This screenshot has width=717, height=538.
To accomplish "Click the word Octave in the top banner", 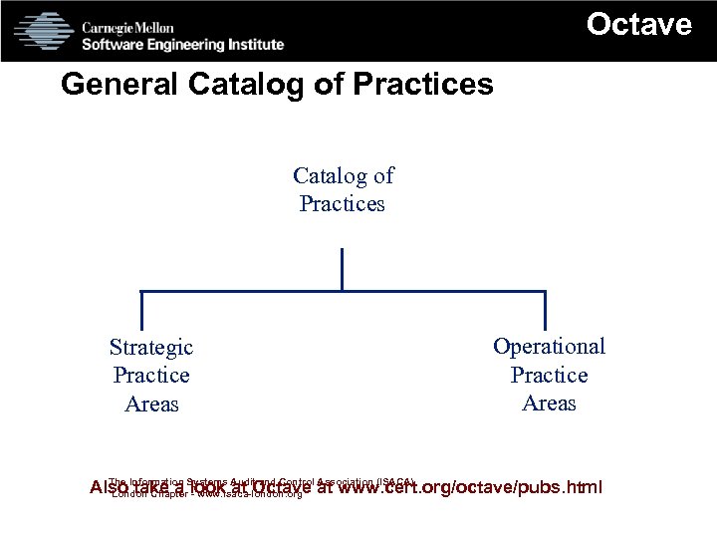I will point(638,24).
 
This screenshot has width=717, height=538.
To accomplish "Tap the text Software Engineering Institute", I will point(182,44).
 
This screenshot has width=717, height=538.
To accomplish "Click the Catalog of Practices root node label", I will point(343,189).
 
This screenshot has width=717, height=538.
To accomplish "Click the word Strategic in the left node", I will point(151,348).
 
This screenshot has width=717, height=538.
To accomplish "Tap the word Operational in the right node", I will point(549,347).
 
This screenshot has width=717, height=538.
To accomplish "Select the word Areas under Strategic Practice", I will point(151,404).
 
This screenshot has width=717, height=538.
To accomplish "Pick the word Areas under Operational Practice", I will point(549,403).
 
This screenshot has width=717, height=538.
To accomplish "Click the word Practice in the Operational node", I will point(549,376).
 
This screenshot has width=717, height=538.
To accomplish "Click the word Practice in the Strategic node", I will point(151,376).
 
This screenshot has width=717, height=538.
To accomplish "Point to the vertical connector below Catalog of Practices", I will point(342,269).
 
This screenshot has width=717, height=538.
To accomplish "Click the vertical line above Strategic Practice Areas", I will point(141,310).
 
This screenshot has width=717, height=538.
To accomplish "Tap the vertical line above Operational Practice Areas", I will point(545,310).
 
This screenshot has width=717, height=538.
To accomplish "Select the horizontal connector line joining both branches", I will point(249,292).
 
